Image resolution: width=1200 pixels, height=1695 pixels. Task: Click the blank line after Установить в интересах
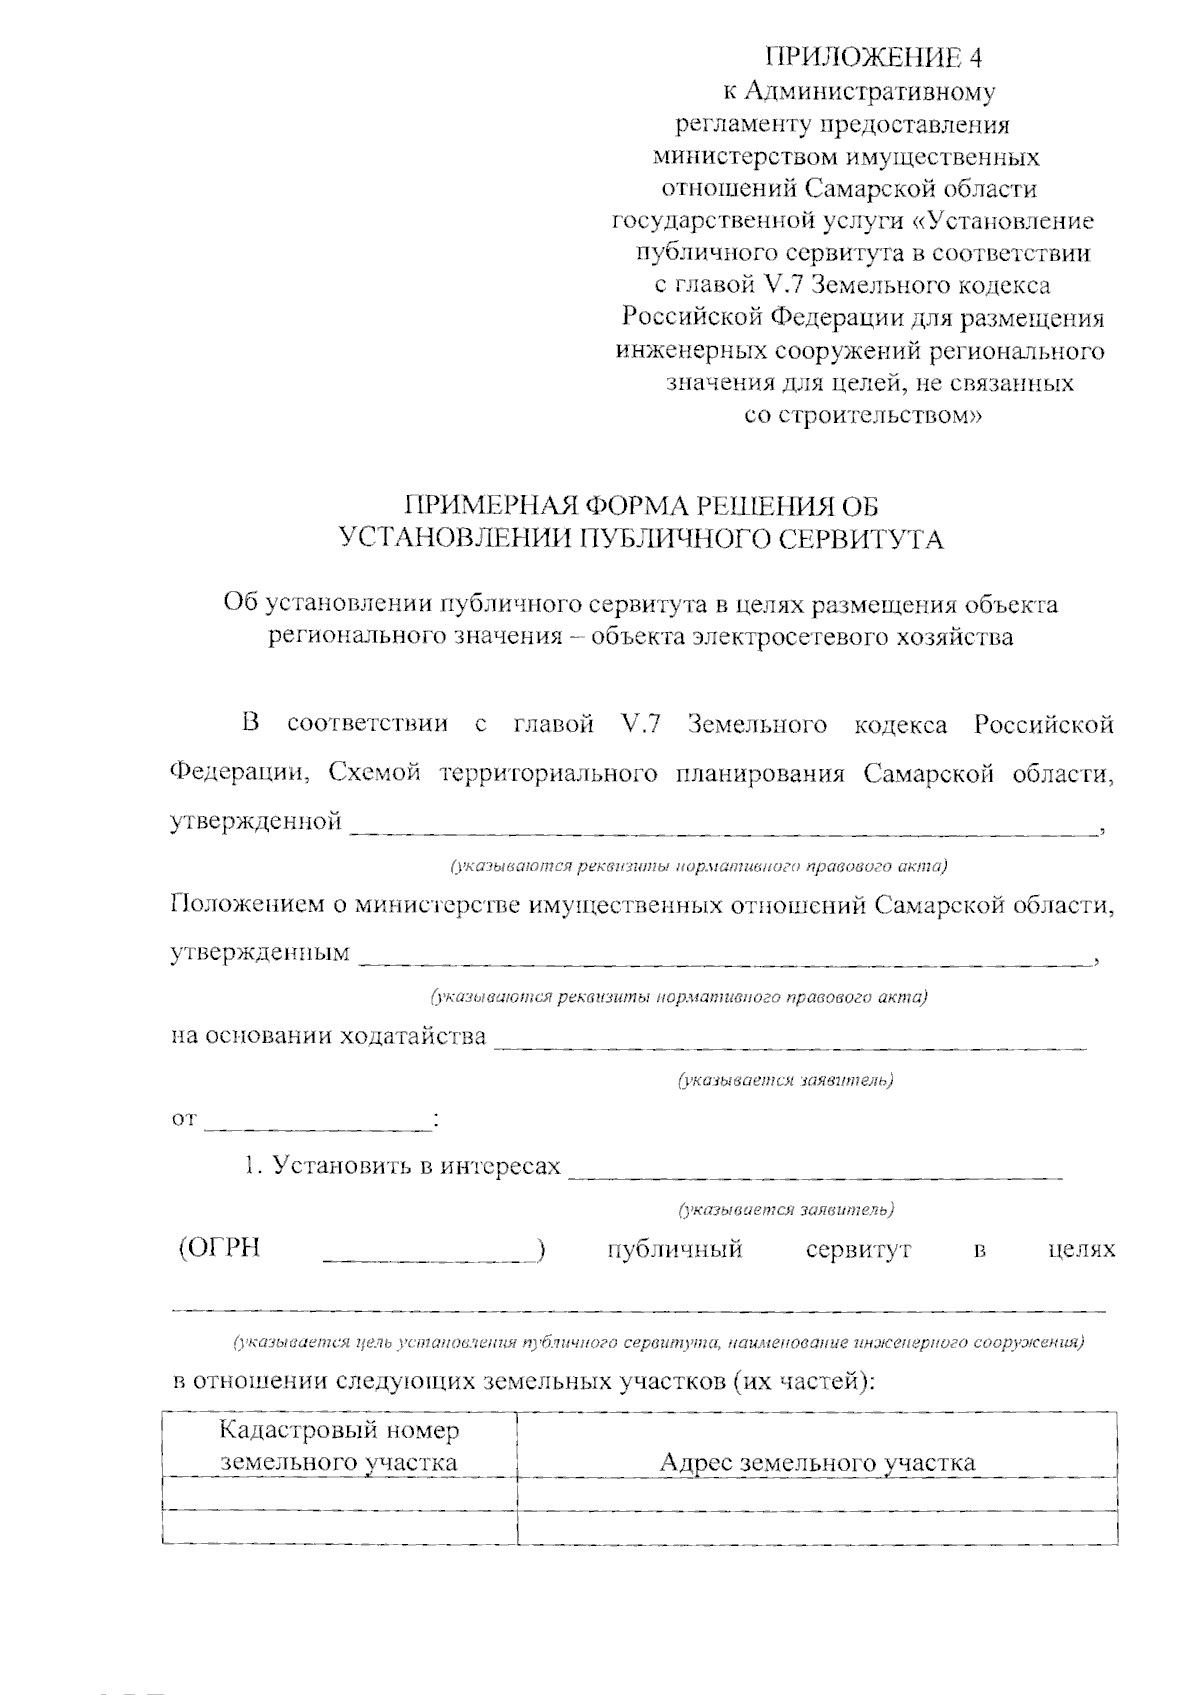(x=815, y=1172)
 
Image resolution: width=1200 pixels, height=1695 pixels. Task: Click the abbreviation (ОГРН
(x=219, y=1249)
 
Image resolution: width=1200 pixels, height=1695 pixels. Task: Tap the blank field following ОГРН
(x=430, y=1255)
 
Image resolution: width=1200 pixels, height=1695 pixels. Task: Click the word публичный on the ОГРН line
(x=676, y=1249)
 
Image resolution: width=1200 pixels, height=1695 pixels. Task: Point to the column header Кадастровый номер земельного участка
(x=339, y=1445)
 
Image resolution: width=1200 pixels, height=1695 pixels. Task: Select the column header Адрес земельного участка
(x=817, y=1462)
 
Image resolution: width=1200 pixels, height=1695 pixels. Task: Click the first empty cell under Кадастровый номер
(x=339, y=1492)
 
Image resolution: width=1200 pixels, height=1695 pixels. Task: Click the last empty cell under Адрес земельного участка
(x=817, y=1527)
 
